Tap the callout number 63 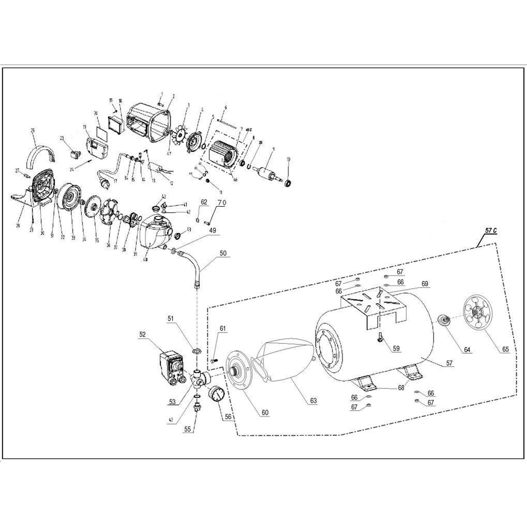[313, 401]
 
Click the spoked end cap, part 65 [480, 312]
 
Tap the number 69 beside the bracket [425, 284]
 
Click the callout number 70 [221, 203]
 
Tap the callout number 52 [143, 335]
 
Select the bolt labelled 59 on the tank [380, 339]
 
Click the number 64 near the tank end [467, 350]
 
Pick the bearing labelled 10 [289, 183]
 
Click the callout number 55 [187, 430]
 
